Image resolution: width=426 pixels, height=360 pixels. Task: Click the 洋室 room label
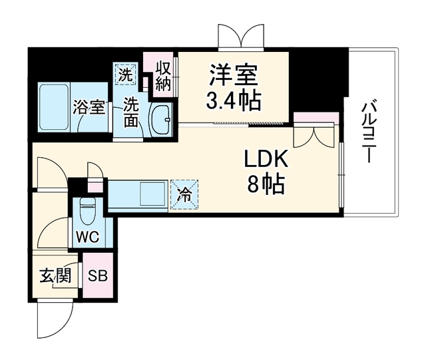pyautogui.click(x=233, y=75)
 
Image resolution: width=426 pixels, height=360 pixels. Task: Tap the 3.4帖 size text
pyautogui.click(x=233, y=100)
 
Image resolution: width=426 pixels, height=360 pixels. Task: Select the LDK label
pyautogui.click(x=266, y=159)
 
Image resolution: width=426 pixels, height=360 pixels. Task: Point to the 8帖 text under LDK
pyautogui.click(x=266, y=184)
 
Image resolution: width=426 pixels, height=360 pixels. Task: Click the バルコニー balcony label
pyautogui.click(x=369, y=132)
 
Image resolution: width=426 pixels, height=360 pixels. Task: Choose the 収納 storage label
pyautogui.click(x=163, y=77)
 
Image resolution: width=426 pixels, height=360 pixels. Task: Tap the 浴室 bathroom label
pyautogui.click(x=89, y=107)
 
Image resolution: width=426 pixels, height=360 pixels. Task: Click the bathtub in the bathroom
pyautogui.click(x=54, y=107)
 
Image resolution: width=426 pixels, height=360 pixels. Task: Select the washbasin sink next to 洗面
pyautogui.click(x=160, y=119)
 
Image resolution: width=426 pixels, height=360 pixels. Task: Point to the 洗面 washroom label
pyautogui.click(x=131, y=112)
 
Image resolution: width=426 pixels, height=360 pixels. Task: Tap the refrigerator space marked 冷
pyautogui.click(x=184, y=194)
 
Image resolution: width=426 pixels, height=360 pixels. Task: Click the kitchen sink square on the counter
pyautogui.click(x=152, y=194)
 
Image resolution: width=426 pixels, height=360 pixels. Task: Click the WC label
pyautogui.click(x=87, y=238)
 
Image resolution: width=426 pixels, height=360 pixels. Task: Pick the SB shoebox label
pyautogui.click(x=98, y=276)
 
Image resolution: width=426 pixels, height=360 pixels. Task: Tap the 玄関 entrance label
pyautogui.click(x=56, y=275)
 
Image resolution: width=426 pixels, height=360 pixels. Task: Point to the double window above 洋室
pyautogui.click(x=241, y=38)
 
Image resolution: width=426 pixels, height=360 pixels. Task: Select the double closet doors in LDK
pyautogui.click(x=314, y=135)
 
